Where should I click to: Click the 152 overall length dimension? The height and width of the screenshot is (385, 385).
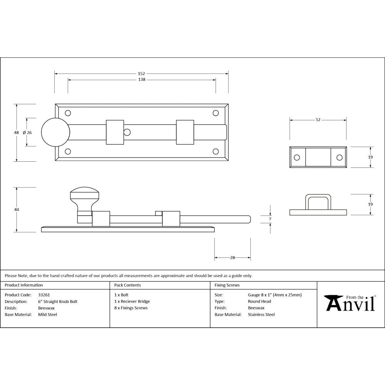pyautogui.click(x=141, y=73)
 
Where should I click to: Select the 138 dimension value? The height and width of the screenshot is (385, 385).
pyautogui.click(x=141, y=80)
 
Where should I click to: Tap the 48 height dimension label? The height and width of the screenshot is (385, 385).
pyautogui.click(x=16, y=132)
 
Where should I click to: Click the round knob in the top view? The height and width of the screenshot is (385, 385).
pyautogui.click(x=55, y=132)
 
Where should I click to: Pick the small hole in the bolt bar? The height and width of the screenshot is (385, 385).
pyautogui.click(x=127, y=132)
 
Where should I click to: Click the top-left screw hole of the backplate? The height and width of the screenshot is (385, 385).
pyautogui.click(x=68, y=113)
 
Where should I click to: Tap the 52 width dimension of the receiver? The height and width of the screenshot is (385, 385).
pyautogui.click(x=318, y=120)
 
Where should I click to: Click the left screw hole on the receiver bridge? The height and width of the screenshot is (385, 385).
pyautogui.click(x=297, y=157)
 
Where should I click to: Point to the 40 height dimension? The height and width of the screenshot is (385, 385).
pyautogui.click(x=16, y=210)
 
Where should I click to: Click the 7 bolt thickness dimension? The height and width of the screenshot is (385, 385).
pyautogui.click(x=270, y=219)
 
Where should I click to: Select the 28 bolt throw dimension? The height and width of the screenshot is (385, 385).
pyautogui.click(x=233, y=258)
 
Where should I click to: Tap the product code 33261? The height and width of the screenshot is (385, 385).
pyautogui.click(x=44, y=295)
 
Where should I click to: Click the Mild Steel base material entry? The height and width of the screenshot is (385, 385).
pyautogui.click(x=47, y=315)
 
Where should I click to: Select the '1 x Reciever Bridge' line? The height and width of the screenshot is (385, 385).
pyautogui.click(x=132, y=301)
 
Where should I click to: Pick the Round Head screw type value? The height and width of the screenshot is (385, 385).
pyautogui.click(x=259, y=301)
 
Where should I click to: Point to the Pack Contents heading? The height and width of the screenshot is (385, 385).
pyautogui.click(x=127, y=285)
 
